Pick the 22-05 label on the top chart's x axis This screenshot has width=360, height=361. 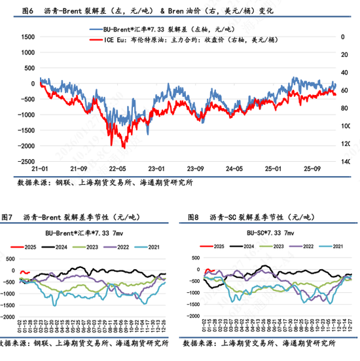click(118, 168)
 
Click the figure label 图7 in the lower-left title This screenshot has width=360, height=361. click(7, 217)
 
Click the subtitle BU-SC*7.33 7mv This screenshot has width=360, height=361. click(270, 233)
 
